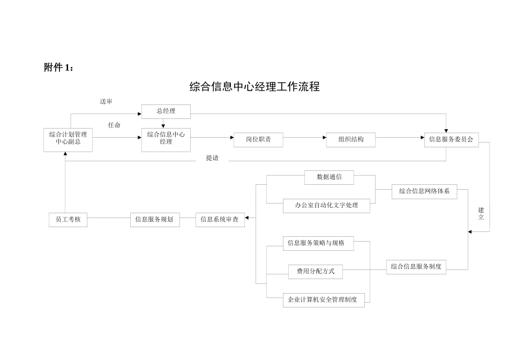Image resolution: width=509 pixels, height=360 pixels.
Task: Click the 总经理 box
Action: pos(166,111)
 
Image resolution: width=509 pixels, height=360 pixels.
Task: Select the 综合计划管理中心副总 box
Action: pos(68,138)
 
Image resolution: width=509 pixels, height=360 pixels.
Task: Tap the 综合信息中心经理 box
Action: pos(166,138)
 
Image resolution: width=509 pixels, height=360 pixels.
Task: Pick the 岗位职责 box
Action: pos(258,139)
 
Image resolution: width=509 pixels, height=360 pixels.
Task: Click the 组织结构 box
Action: pos(351,139)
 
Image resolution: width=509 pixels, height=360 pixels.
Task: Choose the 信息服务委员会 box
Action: pos(451,139)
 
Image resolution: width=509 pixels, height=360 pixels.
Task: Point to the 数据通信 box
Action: pos(329,177)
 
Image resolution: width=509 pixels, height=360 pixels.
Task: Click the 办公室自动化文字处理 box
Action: pos(326,205)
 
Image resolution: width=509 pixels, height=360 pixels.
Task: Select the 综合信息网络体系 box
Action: pos(424,191)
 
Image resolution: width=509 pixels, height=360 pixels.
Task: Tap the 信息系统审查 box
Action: pos(220,219)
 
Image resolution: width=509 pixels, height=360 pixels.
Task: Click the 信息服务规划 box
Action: pos(154,219)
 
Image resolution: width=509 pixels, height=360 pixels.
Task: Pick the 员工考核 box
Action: pos(68,219)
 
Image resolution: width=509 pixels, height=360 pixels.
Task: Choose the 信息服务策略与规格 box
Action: pos(316,243)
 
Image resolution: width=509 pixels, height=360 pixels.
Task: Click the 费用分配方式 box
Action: pos(316,272)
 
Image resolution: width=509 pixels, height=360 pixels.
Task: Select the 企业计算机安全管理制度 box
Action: pos(323,299)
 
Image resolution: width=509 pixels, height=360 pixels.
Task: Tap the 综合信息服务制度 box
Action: pos(416,266)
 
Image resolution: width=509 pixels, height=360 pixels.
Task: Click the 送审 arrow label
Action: pos(106,102)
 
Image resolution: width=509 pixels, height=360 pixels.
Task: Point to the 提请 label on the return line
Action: pos(212,158)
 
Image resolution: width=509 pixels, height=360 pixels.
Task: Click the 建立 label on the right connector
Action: pos(481,214)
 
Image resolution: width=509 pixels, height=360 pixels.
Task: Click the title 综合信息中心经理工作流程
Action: pos(254,87)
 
